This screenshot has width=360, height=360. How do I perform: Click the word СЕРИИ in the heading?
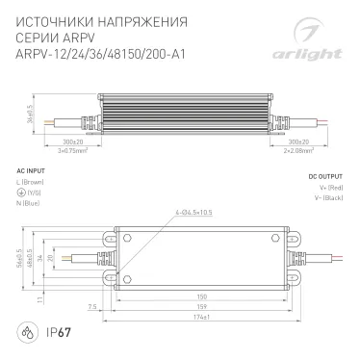[x=36, y=36]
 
